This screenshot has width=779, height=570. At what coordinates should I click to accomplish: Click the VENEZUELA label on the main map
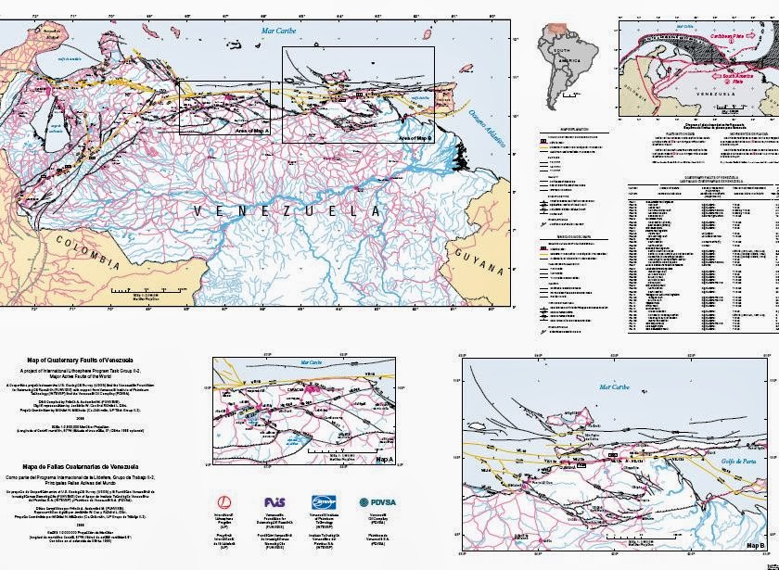coord(287,211)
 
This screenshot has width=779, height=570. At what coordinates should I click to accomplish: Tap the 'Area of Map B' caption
coord(415,138)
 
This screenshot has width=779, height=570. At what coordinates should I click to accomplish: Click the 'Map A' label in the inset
coord(385,459)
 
